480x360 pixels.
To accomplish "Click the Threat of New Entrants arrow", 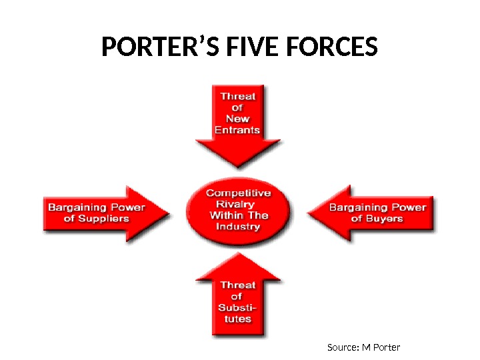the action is coord(237,123).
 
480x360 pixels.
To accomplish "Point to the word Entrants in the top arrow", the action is coord(237,130).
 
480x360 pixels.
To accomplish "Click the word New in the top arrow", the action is coord(237,119).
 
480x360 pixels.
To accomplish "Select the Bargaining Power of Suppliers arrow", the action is coord(100,213).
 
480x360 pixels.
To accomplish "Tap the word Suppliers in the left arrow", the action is coord(105,219).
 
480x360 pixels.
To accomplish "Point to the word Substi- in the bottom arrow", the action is coord(237,307).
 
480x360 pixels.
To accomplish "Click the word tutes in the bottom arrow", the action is coord(237,319).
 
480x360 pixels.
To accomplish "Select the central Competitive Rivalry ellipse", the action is coord(239,209).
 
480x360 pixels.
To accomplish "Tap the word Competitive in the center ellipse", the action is coord(239,193).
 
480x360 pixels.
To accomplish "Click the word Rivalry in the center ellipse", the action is coord(239,204).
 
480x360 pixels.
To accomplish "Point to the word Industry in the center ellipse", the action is coord(239,227).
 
